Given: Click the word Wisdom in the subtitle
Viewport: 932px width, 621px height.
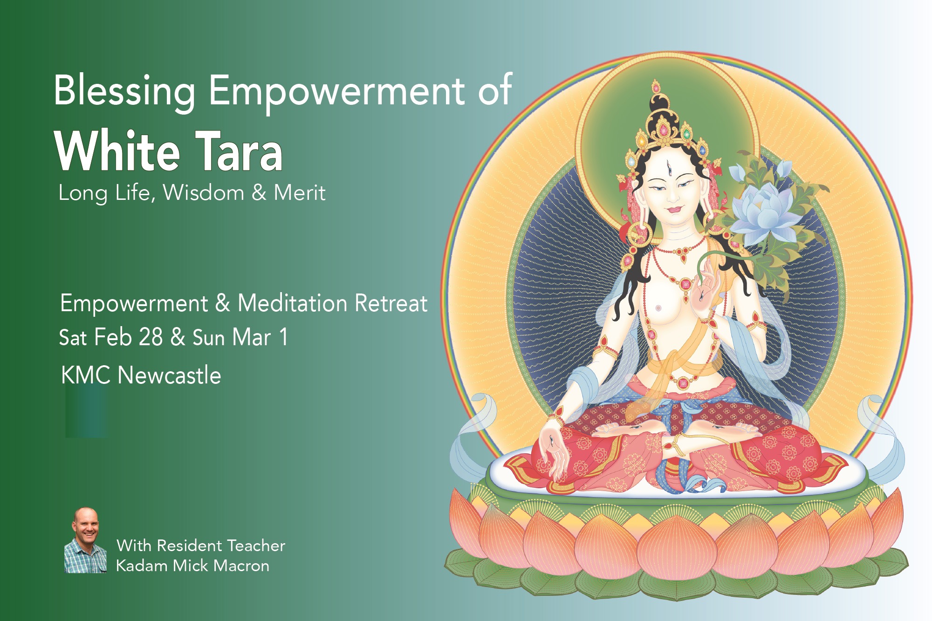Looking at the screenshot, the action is pyautogui.click(x=204, y=192).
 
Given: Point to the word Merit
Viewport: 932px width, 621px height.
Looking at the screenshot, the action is pyautogui.click(x=300, y=192).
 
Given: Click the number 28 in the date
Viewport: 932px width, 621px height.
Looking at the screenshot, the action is pyautogui.click(x=151, y=337).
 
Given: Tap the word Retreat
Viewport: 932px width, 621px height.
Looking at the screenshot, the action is pyautogui.click(x=391, y=303).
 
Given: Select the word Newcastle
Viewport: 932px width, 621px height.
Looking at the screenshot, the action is pyautogui.click(x=169, y=375).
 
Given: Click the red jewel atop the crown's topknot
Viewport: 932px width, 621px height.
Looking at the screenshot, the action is pyautogui.click(x=656, y=87).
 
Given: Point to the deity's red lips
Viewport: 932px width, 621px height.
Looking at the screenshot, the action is pyautogui.click(x=673, y=209).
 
